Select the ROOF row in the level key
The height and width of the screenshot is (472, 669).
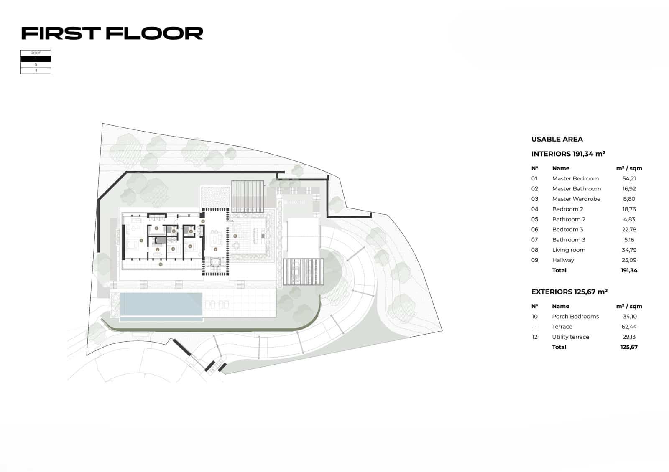pyautogui.click(x=36, y=53)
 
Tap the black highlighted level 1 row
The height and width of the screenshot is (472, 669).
pyautogui.click(x=36, y=59)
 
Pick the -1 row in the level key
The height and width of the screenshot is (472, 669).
pyautogui.click(x=36, y=71)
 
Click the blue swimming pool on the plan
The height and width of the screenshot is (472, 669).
pyautogui.click(x=161, y=304)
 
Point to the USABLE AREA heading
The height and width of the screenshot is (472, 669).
pyautogui.click(x=557, y=140)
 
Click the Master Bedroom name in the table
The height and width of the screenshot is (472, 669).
pyautogui.click(x=575, y=179)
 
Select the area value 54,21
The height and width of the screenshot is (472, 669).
pyautogui.click(x=629, y=179)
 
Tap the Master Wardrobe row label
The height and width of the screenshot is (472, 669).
pyautogui.click(x=576, y=199)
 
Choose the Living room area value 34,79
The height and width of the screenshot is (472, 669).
pyautogui.click(x=629, y=250)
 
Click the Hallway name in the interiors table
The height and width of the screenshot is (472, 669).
pyautogui.click(x=563, y=260)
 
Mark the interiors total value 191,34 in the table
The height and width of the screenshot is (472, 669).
pyautogui.click(x=629, y=271)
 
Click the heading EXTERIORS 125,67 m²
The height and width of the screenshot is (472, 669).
pyautogui.click(x=569, y=292)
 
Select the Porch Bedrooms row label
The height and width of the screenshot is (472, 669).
pyautogui.click(x=575, y=317)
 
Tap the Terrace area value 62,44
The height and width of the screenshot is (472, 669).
pyautogui.click(x=629, y=327)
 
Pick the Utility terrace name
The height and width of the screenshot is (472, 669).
pyautogui.click(x=570, y=337)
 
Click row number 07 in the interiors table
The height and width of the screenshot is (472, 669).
pyautogui.click(x=534, y=240)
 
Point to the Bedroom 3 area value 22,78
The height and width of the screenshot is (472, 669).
pyautogui.click(x=629, y=230)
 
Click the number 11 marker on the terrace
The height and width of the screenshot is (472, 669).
pyautogui.click(x=235, y=236)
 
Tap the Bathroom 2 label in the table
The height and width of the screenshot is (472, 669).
pyautogui.click(x=568, y=220)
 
